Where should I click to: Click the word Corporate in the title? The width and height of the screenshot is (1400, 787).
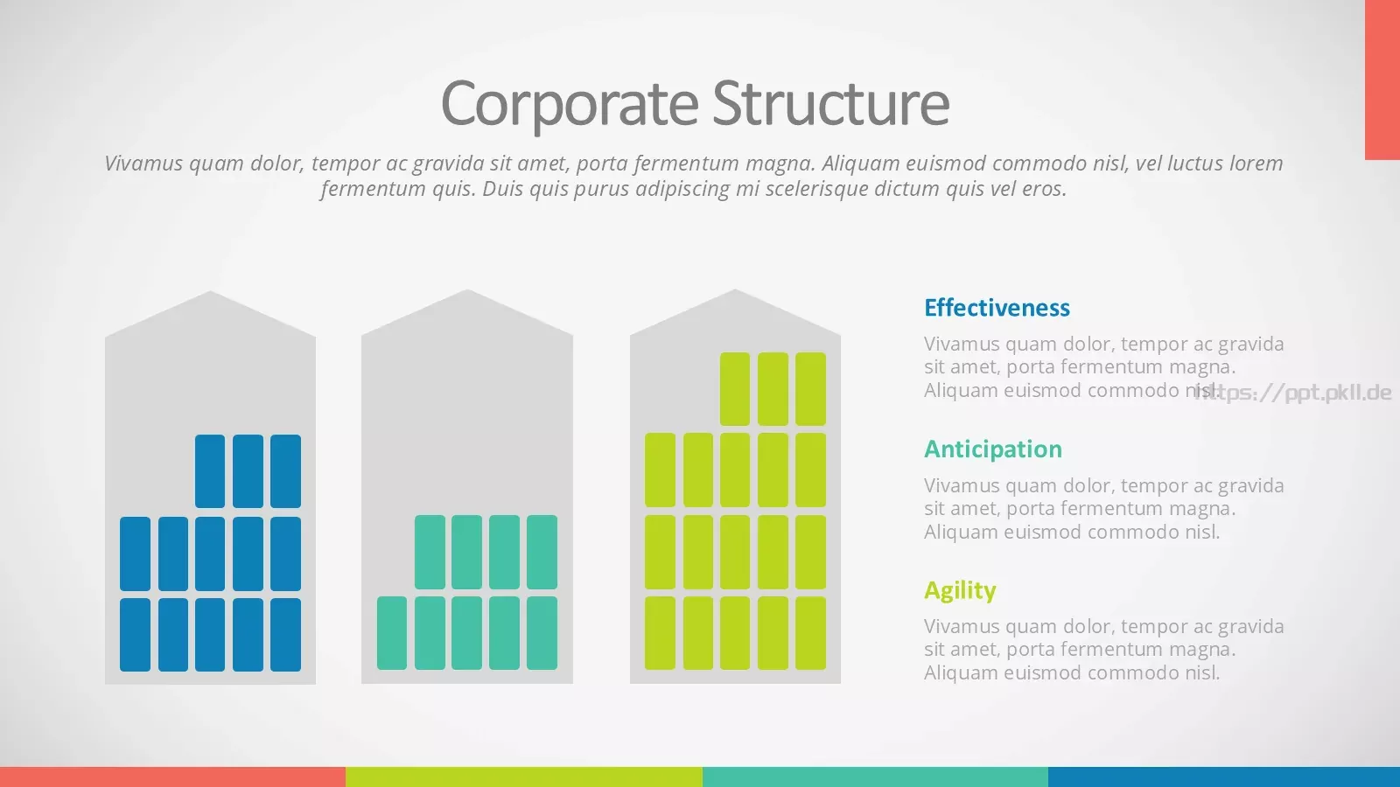(570, 104)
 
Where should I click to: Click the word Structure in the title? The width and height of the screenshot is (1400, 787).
(830, 101)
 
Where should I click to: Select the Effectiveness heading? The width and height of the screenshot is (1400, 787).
(997, 308)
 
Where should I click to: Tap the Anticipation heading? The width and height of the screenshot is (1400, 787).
(993, 450)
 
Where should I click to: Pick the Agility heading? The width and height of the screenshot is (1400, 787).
(960, 591)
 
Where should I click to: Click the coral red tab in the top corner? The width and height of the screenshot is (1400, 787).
(1382, 80)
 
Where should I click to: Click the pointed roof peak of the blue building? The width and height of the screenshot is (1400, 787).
(210, 292)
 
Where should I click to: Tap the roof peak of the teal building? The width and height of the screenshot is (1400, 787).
(467, 290)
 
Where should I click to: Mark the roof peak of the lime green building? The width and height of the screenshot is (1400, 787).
(735, 289)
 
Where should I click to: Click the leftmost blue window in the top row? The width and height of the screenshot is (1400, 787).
(210, 471)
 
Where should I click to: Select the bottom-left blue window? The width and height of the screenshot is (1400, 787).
(135, 635)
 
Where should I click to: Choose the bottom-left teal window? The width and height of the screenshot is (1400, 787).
(392, 633)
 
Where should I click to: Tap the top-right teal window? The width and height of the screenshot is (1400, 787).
(542, 552)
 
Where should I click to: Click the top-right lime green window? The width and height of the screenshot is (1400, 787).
(810, 388)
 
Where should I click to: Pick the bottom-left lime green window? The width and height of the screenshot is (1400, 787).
(660, 633)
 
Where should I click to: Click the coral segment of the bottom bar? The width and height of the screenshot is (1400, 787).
(172, 777)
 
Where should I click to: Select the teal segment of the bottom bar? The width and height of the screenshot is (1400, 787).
(875, 777)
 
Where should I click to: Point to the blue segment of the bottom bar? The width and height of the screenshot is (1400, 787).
(1224, 777)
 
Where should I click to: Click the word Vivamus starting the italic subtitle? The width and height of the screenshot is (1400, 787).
(143, 163)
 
